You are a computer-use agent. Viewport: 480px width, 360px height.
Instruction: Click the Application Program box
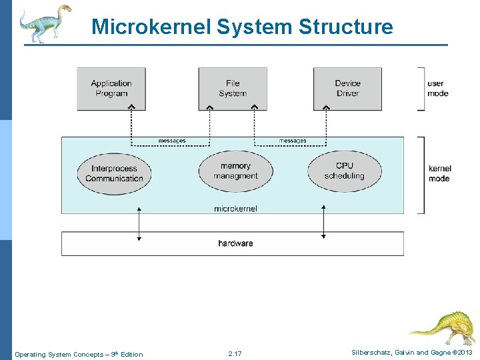(x=111, y=89)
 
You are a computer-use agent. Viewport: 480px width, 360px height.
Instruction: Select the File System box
(x=233, y=89)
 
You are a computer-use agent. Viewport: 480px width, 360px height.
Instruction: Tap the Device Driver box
(x=347, y=89)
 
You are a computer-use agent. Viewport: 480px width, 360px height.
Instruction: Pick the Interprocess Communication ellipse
(x=115, y=173)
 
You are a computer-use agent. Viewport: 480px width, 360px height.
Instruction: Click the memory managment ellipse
(x=235, y=171)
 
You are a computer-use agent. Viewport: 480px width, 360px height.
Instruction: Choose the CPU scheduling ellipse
(x=345, y=171)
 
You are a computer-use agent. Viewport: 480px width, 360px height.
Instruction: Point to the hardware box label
(x=235, y=243)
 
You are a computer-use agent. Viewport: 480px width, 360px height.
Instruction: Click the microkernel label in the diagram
(x=235, y=209)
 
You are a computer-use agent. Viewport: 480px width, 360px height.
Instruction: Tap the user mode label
(x=436, y=89)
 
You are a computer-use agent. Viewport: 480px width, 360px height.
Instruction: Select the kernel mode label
(x=439, y=173)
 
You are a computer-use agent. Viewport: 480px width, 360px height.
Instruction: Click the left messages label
(x=172, y=141)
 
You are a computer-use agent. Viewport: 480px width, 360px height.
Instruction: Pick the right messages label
(x=293, y=141)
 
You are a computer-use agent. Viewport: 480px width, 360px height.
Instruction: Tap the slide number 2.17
(x=235, y=353)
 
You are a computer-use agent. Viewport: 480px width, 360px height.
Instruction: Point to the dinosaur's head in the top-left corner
(x=63, y=9)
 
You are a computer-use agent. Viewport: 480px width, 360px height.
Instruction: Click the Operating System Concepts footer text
(x=79, y=354)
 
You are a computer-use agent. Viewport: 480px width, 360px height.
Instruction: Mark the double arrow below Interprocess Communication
(x=139, y=223)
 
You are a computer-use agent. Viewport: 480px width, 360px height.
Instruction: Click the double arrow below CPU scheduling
(x=323, y=222)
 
